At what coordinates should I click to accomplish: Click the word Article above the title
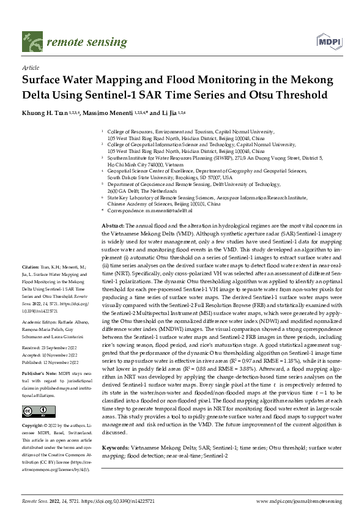click(x=30, y=69)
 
